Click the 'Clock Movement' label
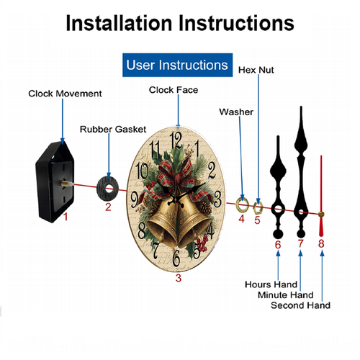point(65,94)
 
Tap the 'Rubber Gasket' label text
point(113,130)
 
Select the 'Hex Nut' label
point(256,70)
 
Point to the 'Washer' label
point(236,112)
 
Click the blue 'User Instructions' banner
point(177,65)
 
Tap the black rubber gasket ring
point(101,189)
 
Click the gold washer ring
point(238,205)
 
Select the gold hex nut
point(254,207)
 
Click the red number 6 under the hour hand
point(278,245)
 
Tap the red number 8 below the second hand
point(321,243)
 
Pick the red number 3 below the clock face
point(178,278)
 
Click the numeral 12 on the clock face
point(176,140)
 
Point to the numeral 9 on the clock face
point(135,199)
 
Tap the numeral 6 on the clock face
point(176,258)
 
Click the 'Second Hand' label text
point(300,305)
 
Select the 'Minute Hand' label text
point(286,294)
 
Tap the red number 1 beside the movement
point(66,217)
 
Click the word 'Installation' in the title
point(119,23)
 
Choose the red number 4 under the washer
point(241,219)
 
